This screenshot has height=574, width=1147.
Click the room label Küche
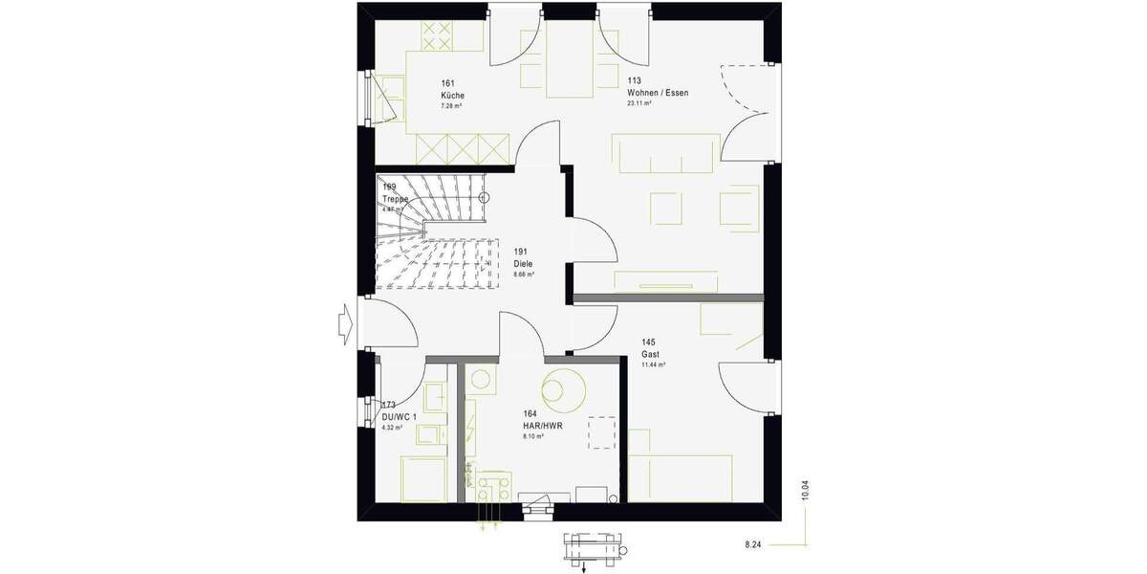(x=452, y=95)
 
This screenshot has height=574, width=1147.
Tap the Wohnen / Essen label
(x=657, y=93)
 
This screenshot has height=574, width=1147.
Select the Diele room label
(x=523, y=263)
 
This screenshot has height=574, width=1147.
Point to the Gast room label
(x=650, y=354)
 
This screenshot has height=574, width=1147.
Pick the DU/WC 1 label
(x=399, y=417)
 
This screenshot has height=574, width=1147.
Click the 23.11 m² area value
(x=638, y=103)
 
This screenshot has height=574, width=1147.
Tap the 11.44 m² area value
(x=653, y=364)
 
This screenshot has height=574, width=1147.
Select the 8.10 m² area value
(x=533, y=436)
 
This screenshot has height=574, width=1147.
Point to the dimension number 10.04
(x=805, y=489)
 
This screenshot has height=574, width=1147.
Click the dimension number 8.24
(x=754, y=544)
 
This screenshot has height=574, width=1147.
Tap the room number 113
(x=634, y=81)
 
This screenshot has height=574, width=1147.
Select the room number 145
(x=649, y=342)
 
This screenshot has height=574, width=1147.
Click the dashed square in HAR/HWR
(x=602, y=431)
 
